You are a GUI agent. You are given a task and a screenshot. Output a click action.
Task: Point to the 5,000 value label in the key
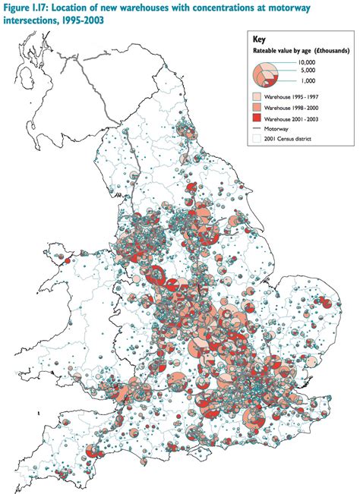pos(306,72)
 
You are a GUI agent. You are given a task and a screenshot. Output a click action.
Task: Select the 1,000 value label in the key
pos(306,80)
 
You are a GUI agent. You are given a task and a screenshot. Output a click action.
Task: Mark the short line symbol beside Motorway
pos(258,130)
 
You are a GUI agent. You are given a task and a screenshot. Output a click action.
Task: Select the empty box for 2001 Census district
pos(258,140)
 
